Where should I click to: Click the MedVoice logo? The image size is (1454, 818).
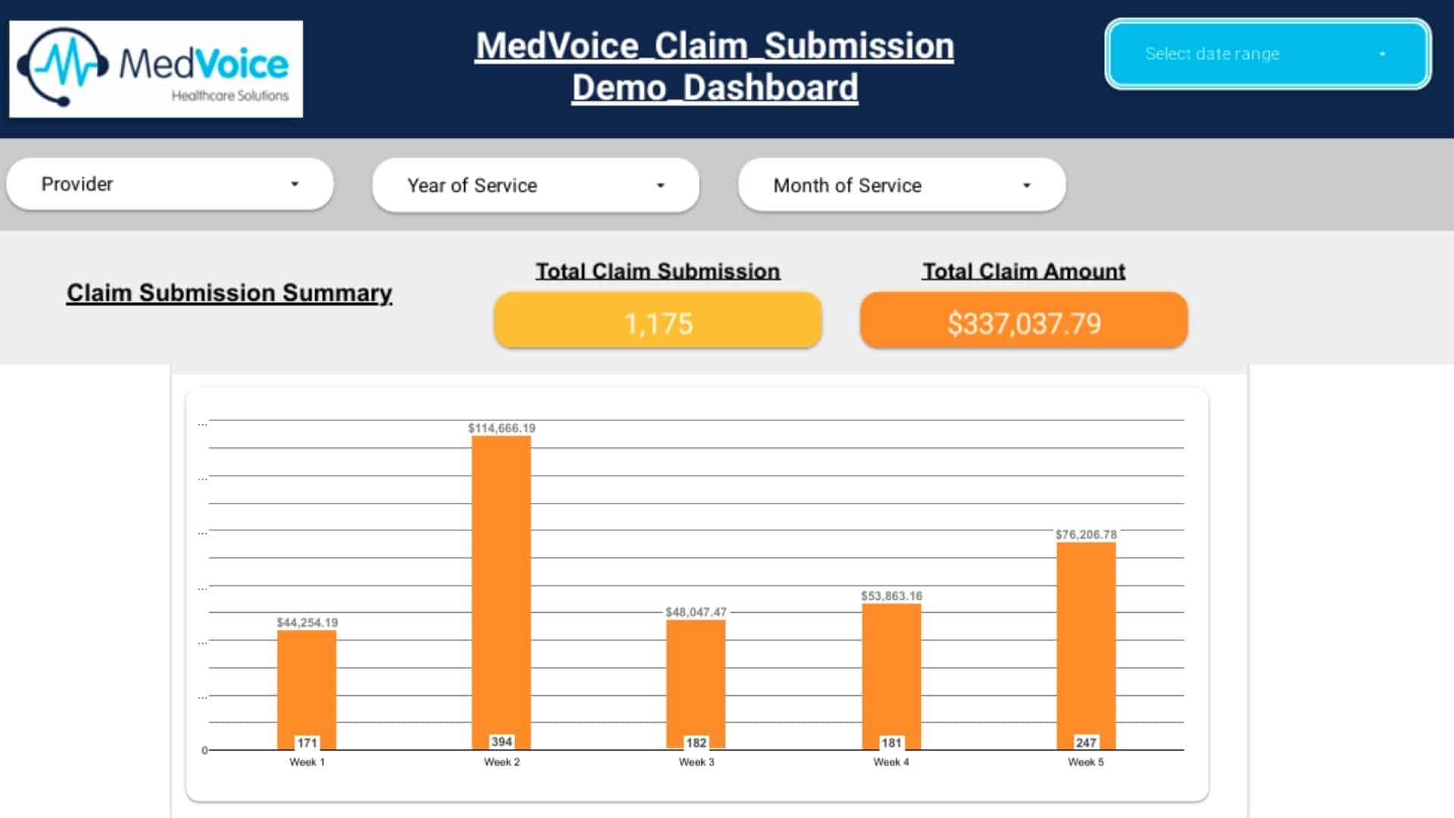tap(155, 69)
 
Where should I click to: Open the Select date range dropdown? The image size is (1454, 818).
tap(1267, 54)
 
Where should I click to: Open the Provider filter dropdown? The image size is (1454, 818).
tap(170, 184)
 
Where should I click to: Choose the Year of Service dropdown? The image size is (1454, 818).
tap(535, 185)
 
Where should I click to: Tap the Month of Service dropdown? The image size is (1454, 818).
tap(901, 185)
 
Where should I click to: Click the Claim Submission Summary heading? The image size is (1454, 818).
tap(229, 292)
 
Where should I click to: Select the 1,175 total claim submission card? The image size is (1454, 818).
tap(657, 323)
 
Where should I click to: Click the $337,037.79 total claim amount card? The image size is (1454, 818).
tap(1023, 323)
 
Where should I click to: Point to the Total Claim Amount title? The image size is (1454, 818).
tap(1023, 271)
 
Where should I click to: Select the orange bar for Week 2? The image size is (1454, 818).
tap(501, 583)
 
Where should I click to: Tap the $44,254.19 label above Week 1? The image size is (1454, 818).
tap(307, 623)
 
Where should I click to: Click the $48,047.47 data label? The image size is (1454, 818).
tap(696, 612)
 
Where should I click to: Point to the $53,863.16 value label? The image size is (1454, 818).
tap(891, 596)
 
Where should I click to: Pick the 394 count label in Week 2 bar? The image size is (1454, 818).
tap(501, 742)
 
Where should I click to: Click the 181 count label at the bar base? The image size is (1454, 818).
tap(891, 743)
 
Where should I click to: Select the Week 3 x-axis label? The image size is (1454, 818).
tap(696, 762)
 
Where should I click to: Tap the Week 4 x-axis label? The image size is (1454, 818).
tap(891, 762)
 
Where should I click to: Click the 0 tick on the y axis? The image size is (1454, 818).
tap(204, 751)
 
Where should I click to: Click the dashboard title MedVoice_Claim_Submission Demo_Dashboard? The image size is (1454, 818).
tap(714, 67)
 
